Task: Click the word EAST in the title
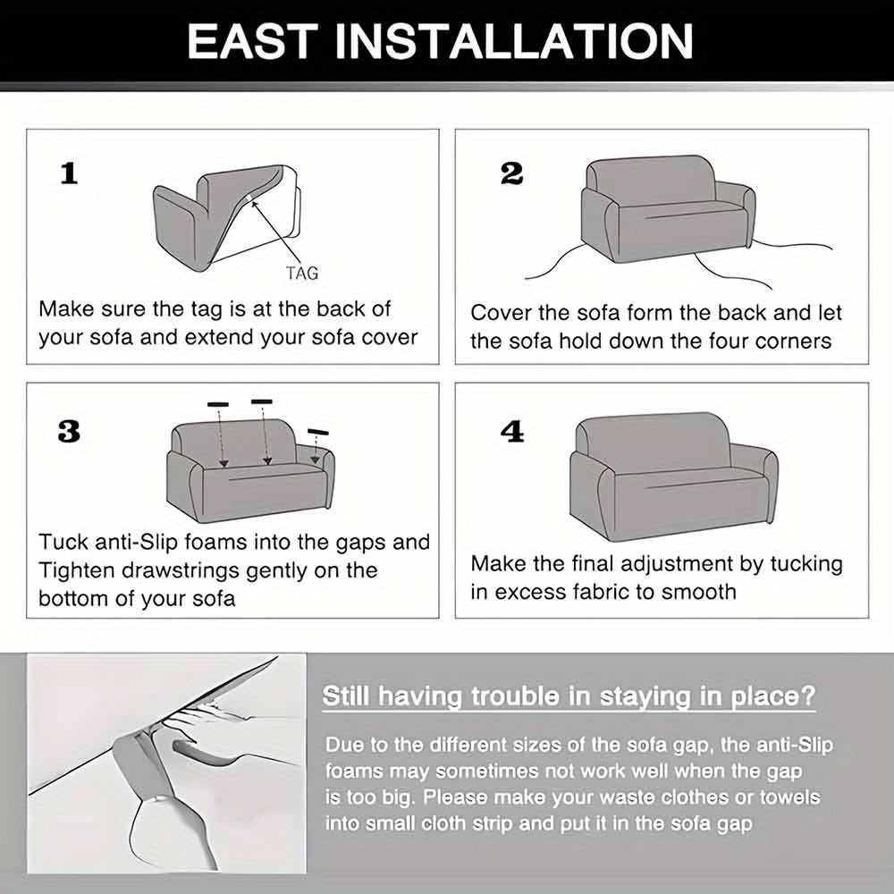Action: (x=253, y=41)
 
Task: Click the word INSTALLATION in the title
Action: (x=513, y=41)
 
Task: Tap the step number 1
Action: (x=69, y=173)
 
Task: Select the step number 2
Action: (x=510, y=173)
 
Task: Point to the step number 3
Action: (x=69, y=432)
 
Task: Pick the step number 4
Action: (x=511, y=432)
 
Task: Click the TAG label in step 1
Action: (x=302, y=273)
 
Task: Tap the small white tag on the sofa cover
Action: (x=251, y=198)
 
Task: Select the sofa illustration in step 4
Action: (x=673, y=477)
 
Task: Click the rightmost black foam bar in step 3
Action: (x=318, y=432)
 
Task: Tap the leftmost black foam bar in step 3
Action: (x=218, y=404)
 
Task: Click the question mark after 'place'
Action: (x=808, y=696)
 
